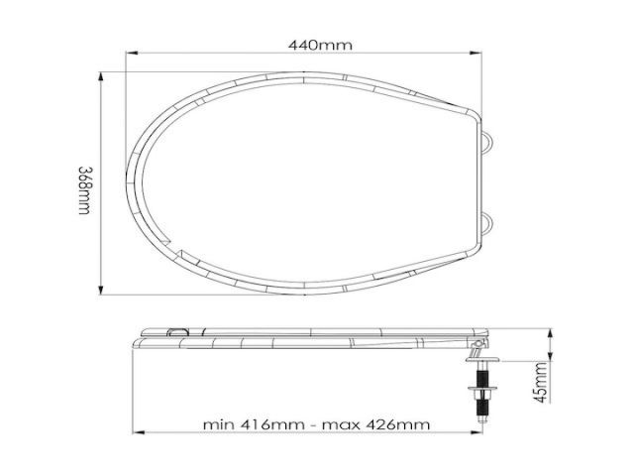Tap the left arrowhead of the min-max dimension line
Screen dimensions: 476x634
pos(138,433)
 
